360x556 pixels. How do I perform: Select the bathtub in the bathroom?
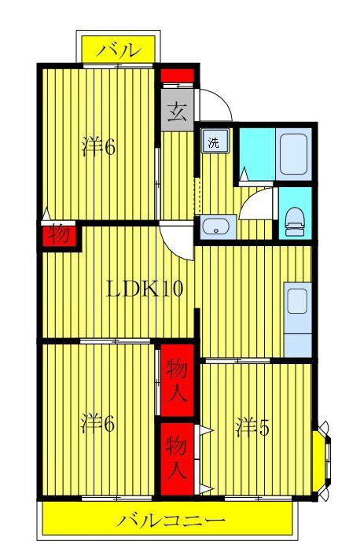tap(293, 154)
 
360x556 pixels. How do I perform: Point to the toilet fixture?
tap(295, 222)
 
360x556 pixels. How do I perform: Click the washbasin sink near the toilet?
tap(218, 226)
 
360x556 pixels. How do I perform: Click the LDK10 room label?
tap(145, 289)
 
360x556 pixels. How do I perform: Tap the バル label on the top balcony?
tap(119, 50)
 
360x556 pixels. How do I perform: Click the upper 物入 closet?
tap(177, 380)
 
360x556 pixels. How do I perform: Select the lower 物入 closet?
tap(177, 458)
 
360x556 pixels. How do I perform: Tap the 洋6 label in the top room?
tap(98, 146)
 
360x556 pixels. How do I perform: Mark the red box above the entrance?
tap(177, 75)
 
